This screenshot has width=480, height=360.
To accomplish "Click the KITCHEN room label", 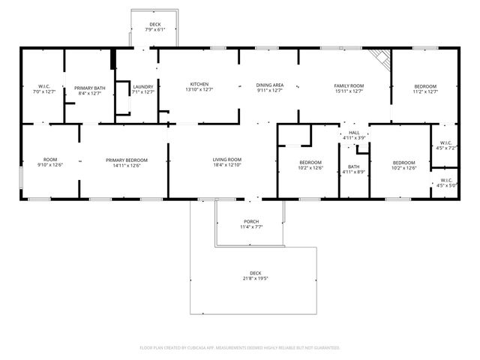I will [199, 84].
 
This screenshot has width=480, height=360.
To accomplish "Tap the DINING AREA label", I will [269, 86].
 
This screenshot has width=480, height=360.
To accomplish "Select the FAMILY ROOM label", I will [349, 86].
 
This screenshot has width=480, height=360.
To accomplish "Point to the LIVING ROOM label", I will [226, 159].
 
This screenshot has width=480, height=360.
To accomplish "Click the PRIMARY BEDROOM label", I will [126, 160].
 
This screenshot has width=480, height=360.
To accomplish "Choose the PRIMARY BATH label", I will [88, 87].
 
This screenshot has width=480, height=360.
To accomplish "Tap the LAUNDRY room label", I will [142, 87].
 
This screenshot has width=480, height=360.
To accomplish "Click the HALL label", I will [354, 133].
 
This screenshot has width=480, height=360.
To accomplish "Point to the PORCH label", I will [250, 222].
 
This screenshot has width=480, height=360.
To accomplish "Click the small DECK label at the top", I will [154, 24].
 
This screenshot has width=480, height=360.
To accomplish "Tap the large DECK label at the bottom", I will [256, 273].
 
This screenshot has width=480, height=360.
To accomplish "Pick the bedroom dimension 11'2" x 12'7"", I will [424, 91].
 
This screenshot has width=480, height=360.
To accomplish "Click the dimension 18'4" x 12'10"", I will [226, 164].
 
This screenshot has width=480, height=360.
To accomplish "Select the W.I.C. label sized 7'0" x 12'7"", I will [43, 87].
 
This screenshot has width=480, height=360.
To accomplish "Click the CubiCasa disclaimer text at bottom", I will [240, 348].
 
